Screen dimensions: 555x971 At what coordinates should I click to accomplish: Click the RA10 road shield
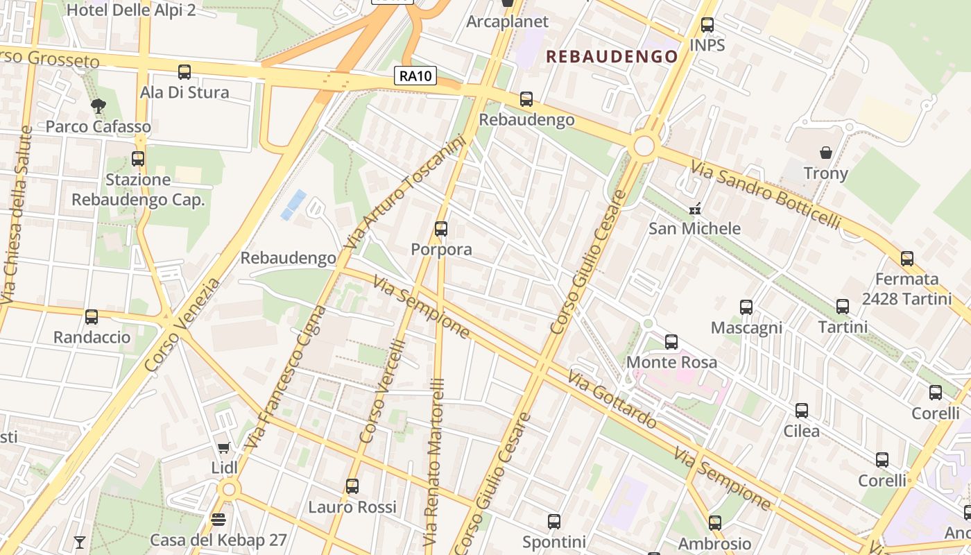coord(415,76)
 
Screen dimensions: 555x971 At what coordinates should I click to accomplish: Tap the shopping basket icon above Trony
coord(825,152)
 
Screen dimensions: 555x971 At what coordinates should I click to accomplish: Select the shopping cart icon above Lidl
coord(223,448)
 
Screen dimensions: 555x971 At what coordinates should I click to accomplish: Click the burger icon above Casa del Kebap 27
coord(218,520)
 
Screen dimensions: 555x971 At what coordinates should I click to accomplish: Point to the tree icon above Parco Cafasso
coord(98,106)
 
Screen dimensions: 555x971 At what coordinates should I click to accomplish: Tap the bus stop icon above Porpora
coord(441,228)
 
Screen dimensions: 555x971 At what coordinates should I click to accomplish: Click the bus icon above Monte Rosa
coord(671,341)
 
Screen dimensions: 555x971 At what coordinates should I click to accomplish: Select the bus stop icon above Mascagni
coord(746,307)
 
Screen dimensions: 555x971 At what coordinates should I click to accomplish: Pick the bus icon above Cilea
coord(802,410)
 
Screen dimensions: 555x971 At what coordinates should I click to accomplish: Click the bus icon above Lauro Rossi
coord(352,486)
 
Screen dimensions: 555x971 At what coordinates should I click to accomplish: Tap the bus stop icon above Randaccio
coord(92,317)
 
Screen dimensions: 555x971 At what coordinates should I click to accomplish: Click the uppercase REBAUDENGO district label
coord(612,57)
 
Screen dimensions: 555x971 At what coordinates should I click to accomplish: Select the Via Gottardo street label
coord(612,399)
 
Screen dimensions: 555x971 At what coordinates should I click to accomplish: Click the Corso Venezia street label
coord(183,324)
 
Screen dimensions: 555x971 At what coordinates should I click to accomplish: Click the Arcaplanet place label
coord(507,22)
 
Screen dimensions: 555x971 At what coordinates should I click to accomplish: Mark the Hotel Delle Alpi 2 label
coord(131,10)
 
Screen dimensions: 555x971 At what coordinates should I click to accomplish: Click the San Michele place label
coord(694,228)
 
